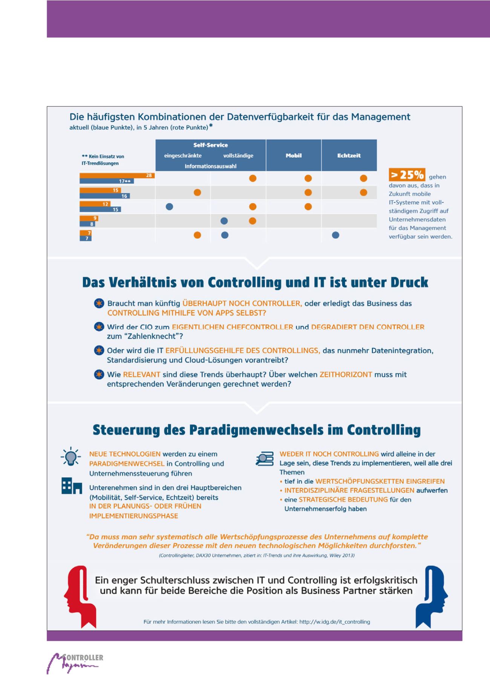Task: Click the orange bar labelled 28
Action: (x=117, y=175)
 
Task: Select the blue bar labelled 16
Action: (x=104, y=196)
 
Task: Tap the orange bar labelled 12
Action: (x=95, y=204)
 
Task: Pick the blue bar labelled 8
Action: (x=87, y=224)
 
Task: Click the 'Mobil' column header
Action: (x=294, y=155)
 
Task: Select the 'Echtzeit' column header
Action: (x=349, y=155)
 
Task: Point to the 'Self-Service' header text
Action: (x=210, y=145)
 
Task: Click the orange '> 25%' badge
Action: (x=407, y=175)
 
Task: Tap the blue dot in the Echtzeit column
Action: (x=335, y=235)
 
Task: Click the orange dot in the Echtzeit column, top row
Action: (x=363, y=178)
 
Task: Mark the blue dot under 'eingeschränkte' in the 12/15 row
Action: (x=170, y=207)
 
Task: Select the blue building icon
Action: (x=72, y=485)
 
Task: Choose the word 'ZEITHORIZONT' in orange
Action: (x=346, y=374)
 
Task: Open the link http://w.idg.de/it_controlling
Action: (x=334, y=622)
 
